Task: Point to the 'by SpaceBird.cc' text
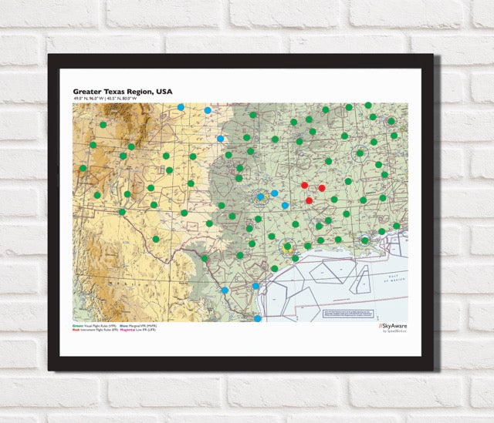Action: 394,332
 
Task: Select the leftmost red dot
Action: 305,186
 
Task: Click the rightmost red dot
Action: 322,188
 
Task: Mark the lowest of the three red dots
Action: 310,200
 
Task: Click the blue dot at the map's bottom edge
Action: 257,317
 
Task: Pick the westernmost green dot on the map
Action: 83,168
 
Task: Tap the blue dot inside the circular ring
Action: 260,196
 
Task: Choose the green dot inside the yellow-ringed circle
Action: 288,247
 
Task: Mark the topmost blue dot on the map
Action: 181,107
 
